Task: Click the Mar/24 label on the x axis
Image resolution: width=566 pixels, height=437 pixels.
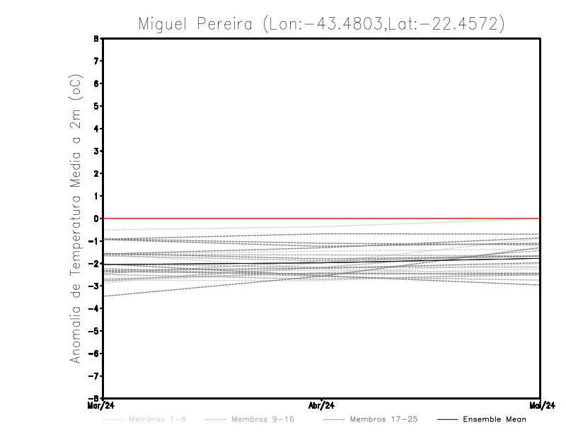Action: (100, 406)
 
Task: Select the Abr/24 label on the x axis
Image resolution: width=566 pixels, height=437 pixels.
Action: (322, 406)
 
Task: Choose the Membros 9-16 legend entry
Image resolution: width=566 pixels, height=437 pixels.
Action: (262, 419)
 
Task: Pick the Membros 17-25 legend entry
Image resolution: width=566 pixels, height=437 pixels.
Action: (385, 419)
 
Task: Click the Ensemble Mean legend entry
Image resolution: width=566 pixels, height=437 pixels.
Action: (494, 419)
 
